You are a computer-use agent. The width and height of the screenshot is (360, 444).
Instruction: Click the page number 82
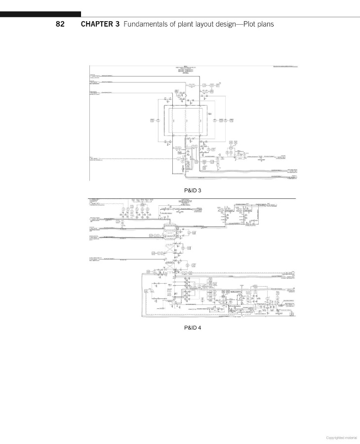(x=60, y=24)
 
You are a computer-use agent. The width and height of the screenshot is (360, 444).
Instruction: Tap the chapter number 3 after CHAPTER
(x=118, y=24)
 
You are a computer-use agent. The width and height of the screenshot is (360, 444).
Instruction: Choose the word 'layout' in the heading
(x=209, y=24)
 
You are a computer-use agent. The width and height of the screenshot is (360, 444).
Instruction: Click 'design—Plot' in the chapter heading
(x=240, y=24)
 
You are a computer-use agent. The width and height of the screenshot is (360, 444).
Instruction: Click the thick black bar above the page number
(x=40, y=14)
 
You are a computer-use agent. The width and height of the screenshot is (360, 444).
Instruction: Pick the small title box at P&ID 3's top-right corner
(x=286, y=66)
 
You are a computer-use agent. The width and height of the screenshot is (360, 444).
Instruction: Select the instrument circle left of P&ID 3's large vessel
(x=152, y=120)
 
